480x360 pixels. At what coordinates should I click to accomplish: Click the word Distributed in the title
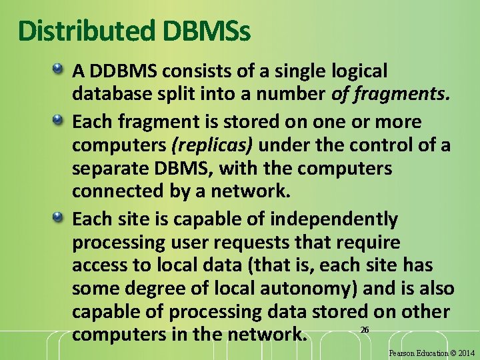coord(85,31)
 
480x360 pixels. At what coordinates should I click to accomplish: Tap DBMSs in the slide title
coord(205,31)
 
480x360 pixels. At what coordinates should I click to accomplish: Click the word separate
coord(111,169)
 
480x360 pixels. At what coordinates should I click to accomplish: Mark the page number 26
coord(364,330)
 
